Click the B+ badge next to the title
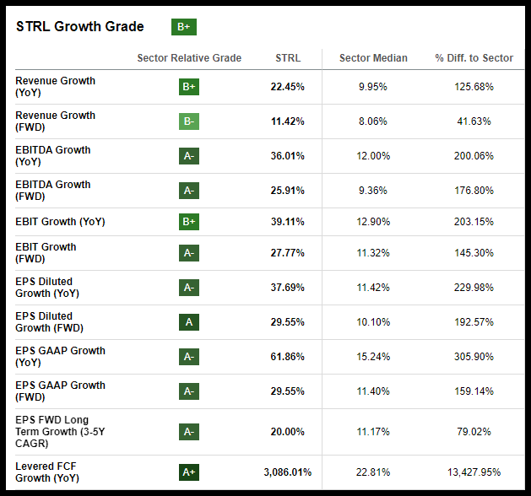pos(184,27)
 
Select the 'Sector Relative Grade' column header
pos(189,58)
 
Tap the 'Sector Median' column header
pos(373,58)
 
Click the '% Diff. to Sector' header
pos(474,58)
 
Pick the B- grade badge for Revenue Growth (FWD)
pos(189,121)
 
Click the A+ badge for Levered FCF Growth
pos(189,472)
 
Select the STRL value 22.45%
pos(288,87)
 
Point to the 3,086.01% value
pos(283,472)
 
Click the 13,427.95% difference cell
pos(474,472)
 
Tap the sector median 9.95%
pos(373,87)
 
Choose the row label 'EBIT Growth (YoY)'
pos(60,222)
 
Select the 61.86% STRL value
pos(288,357)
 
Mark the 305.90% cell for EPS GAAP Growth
pos(474,357)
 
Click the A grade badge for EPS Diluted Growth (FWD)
pos(189,322)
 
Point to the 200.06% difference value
pos(474,156)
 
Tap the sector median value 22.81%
pos(373,472)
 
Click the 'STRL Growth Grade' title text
pos(80,27)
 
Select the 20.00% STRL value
pos(288,432)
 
